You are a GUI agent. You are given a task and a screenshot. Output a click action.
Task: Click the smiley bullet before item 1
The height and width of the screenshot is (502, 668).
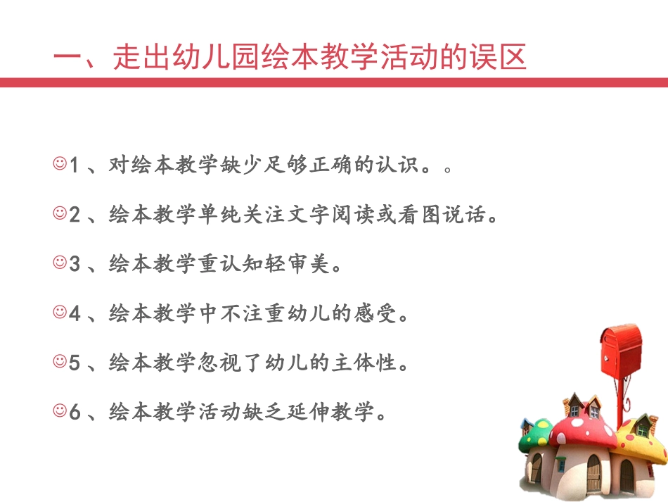[x=59, y=164]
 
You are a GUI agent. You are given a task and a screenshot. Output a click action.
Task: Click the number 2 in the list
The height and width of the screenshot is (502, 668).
[x=75, y=215]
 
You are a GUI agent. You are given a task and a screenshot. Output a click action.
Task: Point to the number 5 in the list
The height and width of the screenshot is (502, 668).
[x=75, y=362]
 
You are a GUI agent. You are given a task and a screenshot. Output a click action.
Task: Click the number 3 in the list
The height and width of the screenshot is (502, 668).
[x=75, y=264]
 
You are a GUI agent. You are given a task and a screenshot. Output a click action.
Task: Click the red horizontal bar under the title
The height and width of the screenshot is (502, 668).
[x=334, y=82]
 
